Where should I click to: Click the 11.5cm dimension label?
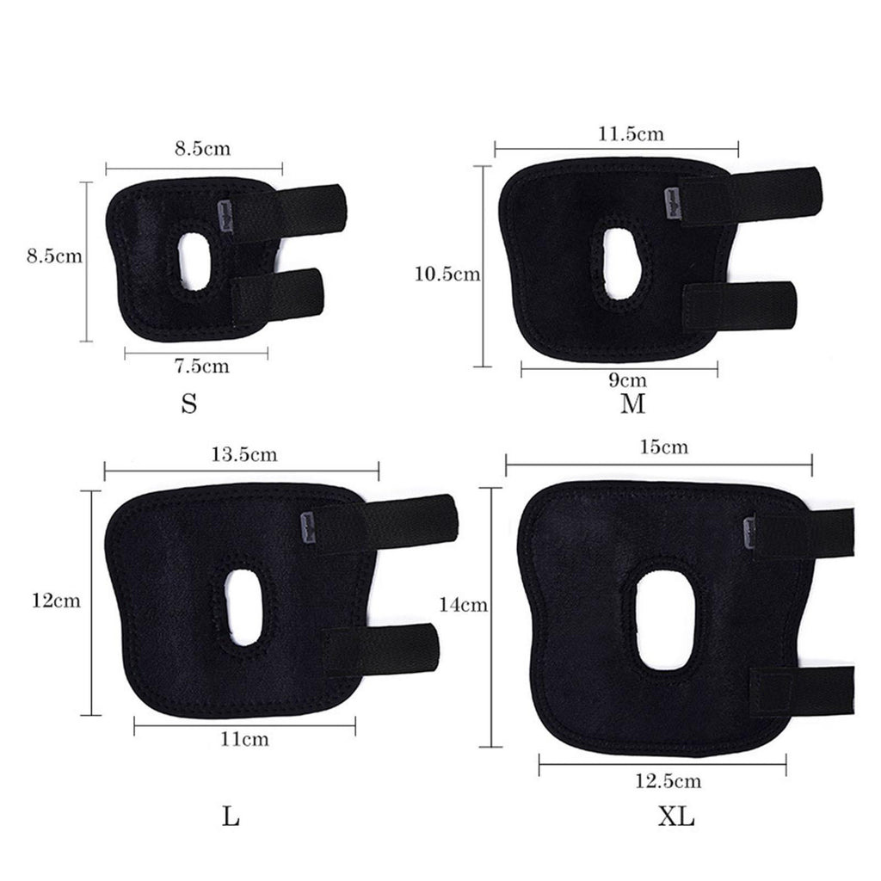click(x=631, y=133)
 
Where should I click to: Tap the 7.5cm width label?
click(x=201, y=366)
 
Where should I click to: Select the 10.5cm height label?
click(x=447, y=274)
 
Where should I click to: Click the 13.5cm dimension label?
click(x=244, y=454)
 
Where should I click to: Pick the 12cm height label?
click(x=56, y=601)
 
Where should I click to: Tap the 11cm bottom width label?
click(x=244, y=739)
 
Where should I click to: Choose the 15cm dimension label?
click(x=663, y=447)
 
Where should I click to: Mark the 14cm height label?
click(x=463, y=605)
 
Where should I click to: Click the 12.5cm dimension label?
click(x=668, y=781)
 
